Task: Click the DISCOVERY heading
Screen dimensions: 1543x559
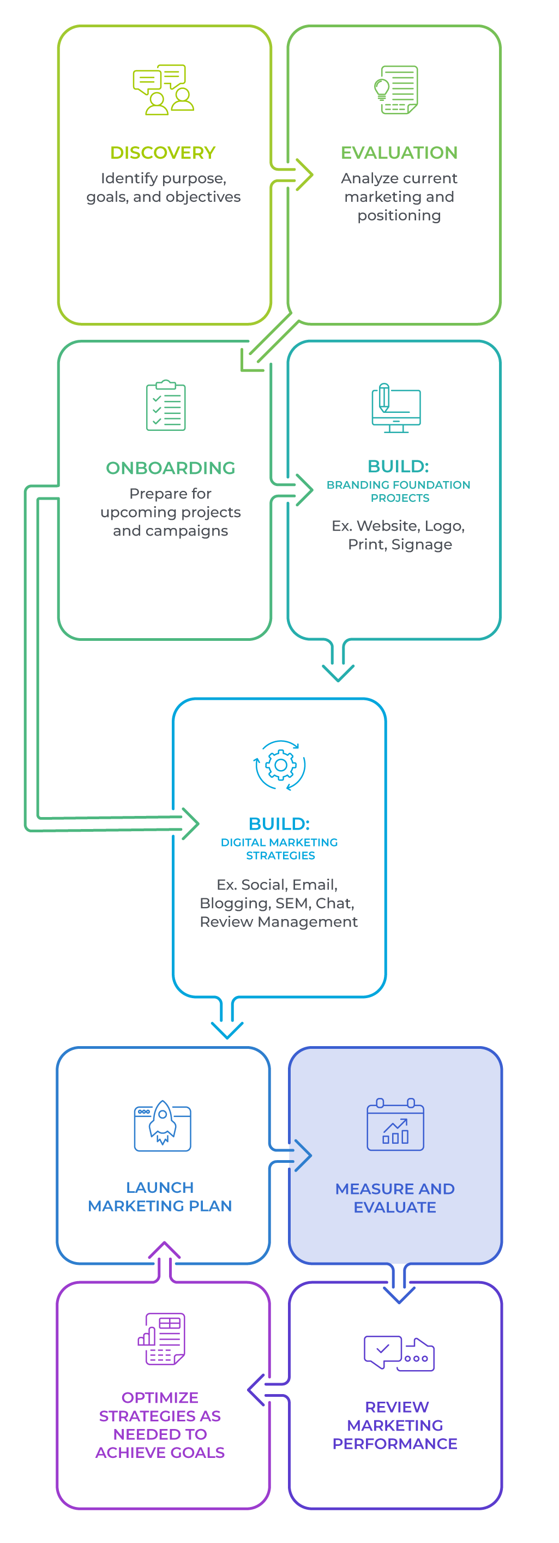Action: (163, 153)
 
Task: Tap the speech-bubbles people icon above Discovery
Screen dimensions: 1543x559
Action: (163, 90)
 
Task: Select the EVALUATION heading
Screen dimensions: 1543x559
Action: (399, 153)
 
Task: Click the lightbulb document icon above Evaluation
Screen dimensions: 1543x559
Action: (396, 91)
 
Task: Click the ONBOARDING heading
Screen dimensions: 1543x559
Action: (170, 468)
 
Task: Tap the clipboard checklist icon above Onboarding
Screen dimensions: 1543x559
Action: (166, 405)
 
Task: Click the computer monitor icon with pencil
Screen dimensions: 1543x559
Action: (396, 408)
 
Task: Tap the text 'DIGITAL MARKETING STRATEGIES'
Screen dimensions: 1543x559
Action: (279, 849)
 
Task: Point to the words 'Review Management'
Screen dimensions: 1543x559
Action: (279, 922)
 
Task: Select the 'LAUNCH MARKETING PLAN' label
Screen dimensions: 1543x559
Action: (160, 1196)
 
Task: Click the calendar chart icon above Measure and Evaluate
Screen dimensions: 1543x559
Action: (395, 1124)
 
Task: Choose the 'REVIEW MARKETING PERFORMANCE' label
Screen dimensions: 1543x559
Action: (395, 1425)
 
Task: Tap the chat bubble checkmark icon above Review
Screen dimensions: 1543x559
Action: (399, 1353)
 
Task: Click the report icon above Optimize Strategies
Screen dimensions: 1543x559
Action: (162, 1339)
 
